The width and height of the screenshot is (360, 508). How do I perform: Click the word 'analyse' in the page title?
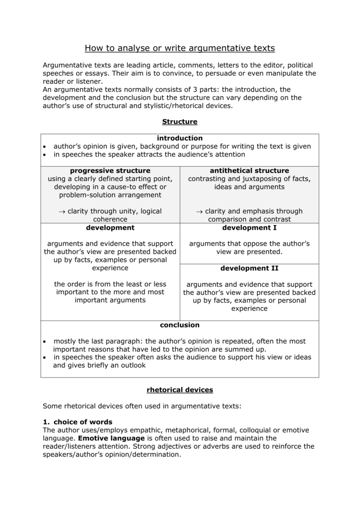(132, 48)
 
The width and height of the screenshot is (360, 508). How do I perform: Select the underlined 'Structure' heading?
(180, 122)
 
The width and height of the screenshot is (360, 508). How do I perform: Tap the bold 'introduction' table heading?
(180, 138)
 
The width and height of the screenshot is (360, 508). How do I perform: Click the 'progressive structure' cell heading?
(110, 171)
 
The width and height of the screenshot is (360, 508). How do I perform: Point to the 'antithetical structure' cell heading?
(249, 171)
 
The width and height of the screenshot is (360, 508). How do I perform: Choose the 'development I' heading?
(249, 228)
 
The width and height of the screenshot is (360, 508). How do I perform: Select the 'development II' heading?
(249, 268)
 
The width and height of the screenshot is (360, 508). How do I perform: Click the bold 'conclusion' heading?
(180, 325)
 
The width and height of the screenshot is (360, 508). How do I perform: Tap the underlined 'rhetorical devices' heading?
(180, 390)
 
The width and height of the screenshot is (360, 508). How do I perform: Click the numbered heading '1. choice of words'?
(78, 422)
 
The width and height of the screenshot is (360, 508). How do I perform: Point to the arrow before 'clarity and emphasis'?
(199, 211)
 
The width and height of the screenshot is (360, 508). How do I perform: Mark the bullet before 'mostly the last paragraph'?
(45, 342)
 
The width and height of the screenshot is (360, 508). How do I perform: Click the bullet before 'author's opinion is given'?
(45, 147)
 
